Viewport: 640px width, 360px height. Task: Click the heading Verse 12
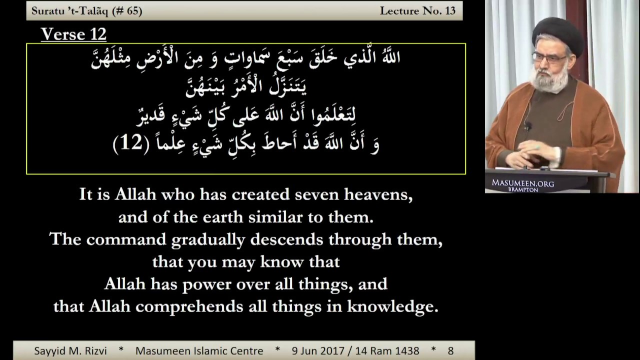click(x=73, y=34)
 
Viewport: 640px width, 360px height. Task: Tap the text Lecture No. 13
click(x=417, y=11)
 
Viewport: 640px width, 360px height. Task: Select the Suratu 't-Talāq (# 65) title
click(x=87, y=11)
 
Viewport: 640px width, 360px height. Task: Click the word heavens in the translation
click(x=378, y=195)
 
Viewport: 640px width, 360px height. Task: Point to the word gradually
click(x=208, y=239)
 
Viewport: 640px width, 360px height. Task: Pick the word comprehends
click(x=189, y=307)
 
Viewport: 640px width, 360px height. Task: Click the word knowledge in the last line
click(x=392, y=306)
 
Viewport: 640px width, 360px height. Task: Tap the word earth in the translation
click(x=223, y=217)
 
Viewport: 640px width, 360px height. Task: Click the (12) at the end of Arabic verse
click(x=131, y=143)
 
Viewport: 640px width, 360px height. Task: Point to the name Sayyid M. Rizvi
click(x=70, y=350)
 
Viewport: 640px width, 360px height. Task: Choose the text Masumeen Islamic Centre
click(x=199, y=350)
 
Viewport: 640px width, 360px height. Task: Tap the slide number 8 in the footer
click(x=450, y=351)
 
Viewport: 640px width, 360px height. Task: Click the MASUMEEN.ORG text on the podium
click(x=523, y=183)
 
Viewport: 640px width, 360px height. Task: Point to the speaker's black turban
click(x=557, y=35)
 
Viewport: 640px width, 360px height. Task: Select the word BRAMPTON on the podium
click(x=523, y=189)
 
